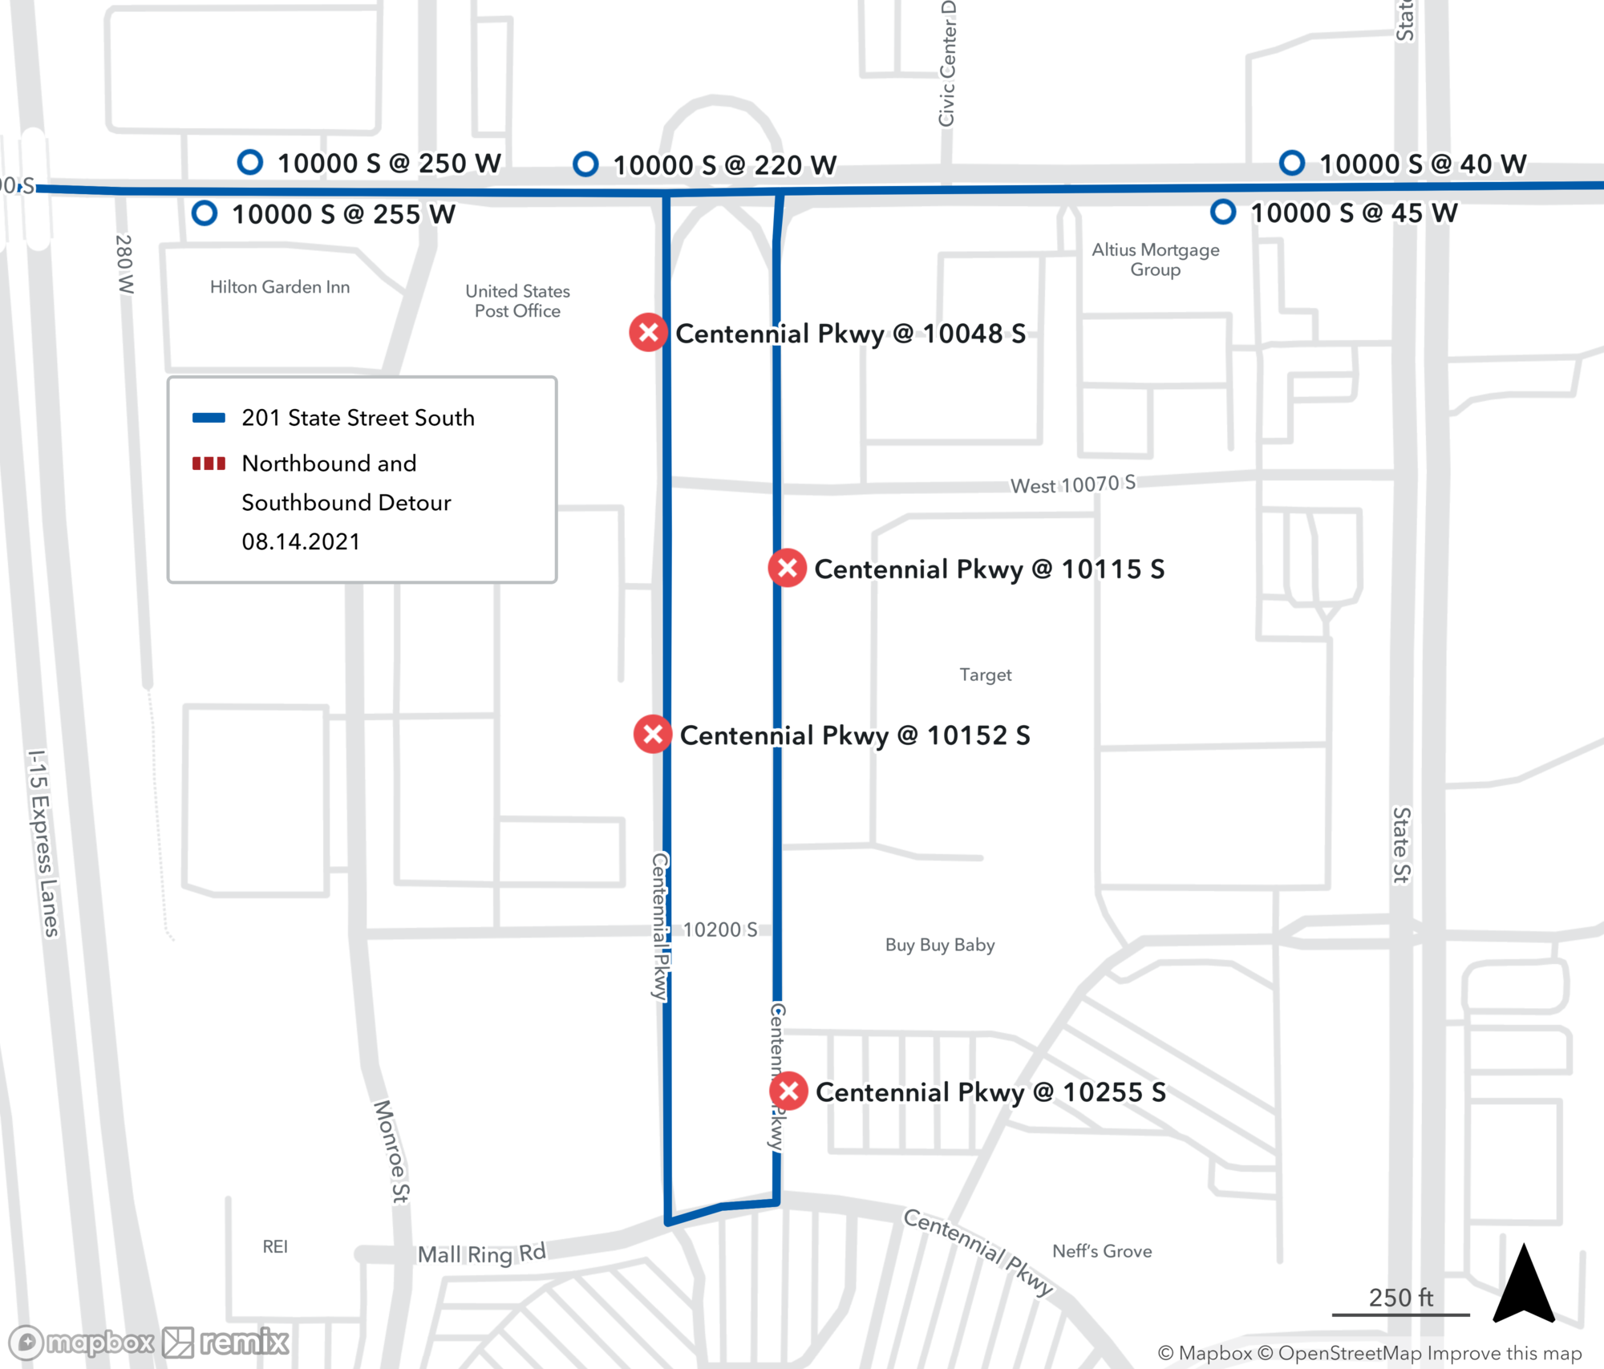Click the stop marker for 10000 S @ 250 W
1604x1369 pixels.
[250, 163]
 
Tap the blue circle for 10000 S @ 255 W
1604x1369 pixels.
[205, 213]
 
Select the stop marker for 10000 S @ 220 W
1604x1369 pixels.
[585, 164]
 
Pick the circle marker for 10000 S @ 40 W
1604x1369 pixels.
[1291, 163]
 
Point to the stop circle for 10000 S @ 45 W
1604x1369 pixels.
[1222, 213]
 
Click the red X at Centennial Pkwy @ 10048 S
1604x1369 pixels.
[648, 332]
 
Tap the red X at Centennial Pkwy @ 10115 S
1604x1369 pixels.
[788, 568]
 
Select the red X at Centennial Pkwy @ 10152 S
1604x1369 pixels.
[653, 734]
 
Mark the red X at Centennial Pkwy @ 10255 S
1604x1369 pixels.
[788, 1091]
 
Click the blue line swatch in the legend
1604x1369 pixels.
[209, 417]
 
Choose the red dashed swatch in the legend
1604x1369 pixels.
[209, 464]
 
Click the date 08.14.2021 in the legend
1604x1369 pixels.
[301, 542]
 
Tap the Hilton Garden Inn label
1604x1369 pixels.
[280, 287]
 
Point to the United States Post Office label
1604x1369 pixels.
[517, 301]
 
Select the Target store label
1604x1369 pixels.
[985, 674]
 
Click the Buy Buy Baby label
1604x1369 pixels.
[940, 945]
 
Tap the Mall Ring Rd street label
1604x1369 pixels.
[481, 1254]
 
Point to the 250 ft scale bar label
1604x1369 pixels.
[1400, 1298]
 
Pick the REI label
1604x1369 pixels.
[275, 1246]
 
